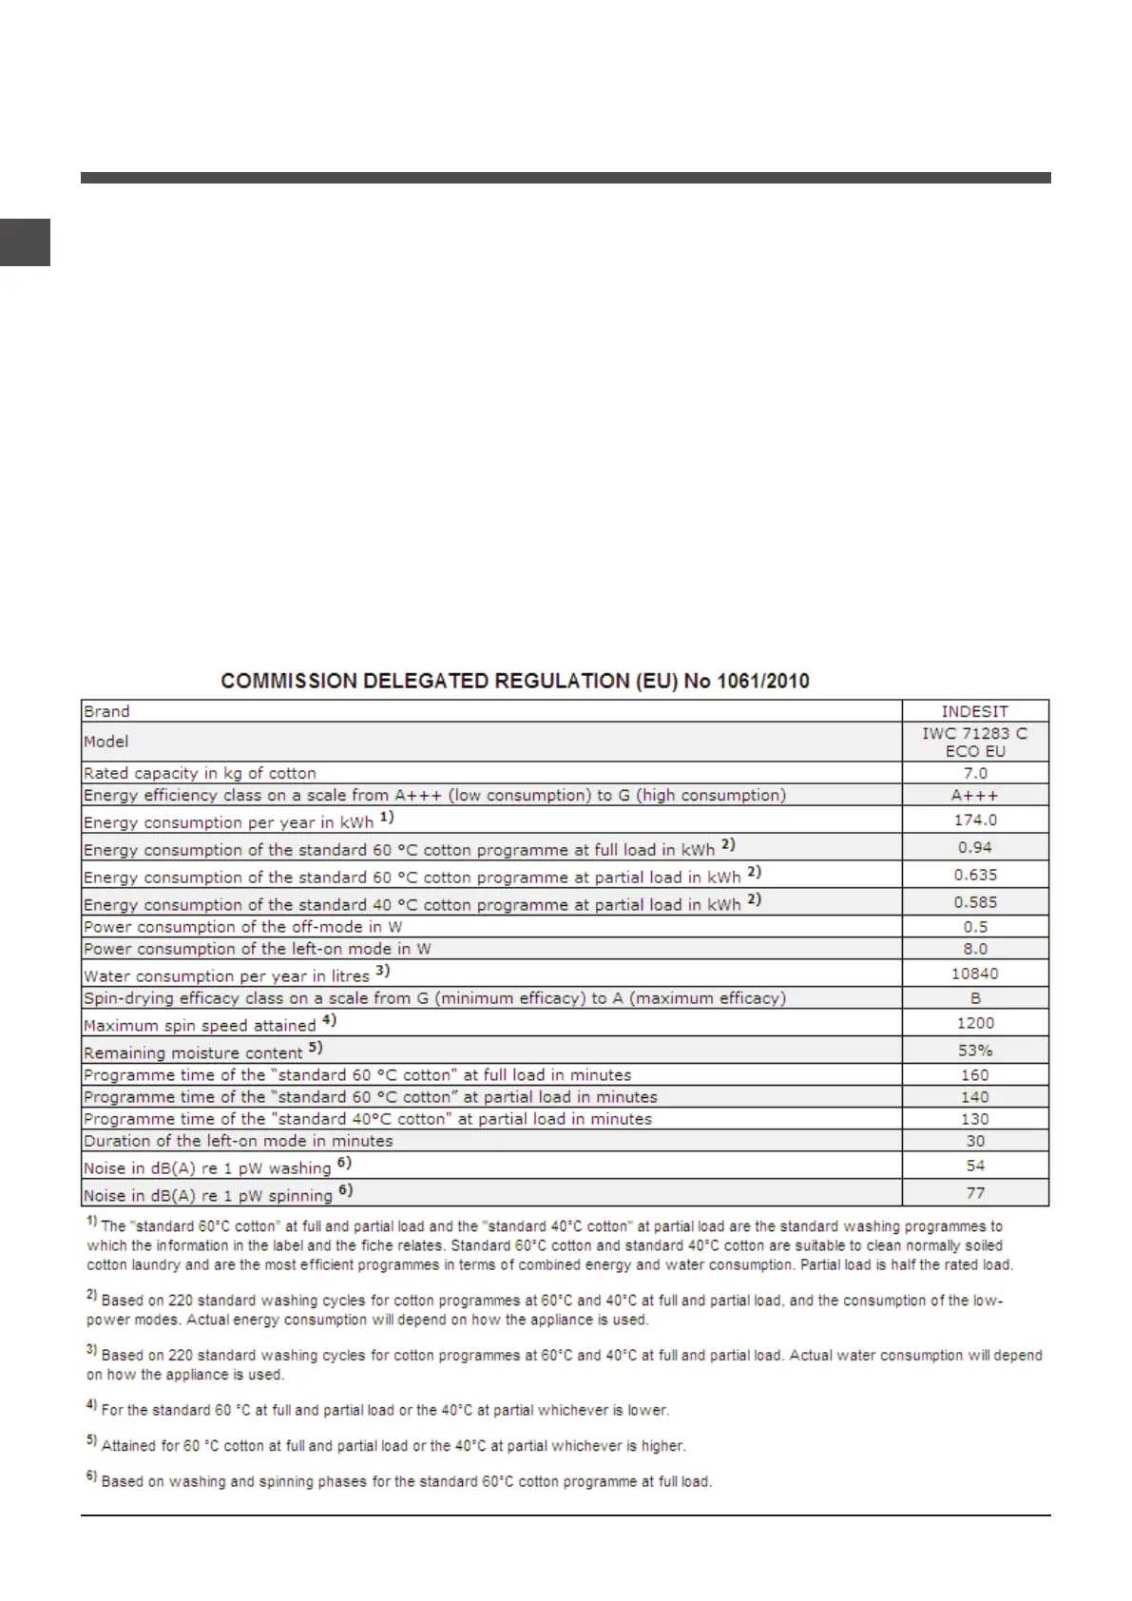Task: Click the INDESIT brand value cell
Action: (x=974, y=711)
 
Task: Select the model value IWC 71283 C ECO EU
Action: (x=974, y=742)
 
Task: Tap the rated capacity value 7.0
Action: (x=974, y=773)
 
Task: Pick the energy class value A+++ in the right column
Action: (x=974, y=795)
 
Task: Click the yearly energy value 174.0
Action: (x=974, y=820)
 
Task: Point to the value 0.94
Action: (x=974, y=847)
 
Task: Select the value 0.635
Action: (x=974, y=875)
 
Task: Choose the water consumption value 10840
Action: (x=974, y=974)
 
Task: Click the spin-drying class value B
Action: (x=975, y=998)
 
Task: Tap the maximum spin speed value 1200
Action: (x=974, y=1023)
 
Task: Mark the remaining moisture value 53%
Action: (x=974, y=1051)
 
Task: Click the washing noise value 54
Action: (x=974, y=1166)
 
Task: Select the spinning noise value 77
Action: (x=974, y=1193)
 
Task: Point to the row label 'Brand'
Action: (x=106, y=711)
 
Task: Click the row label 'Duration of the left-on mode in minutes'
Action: (x=238, y=1141)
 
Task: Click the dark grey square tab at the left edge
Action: (x=25, y=242)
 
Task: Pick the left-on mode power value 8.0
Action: (x=974, y=949)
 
